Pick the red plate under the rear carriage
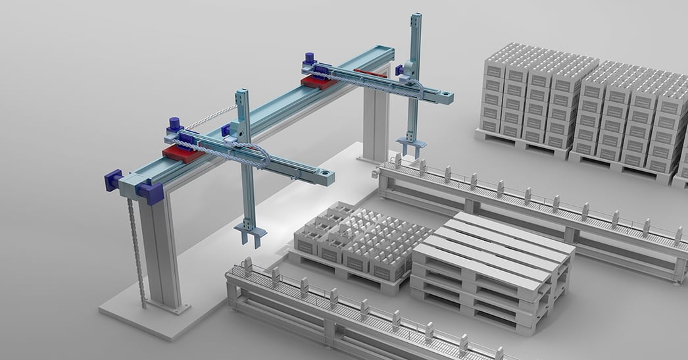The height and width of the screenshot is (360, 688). (x=314, y=80)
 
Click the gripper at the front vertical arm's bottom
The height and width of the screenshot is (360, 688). (x=251, y=231)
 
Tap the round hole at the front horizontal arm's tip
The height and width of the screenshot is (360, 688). (x=324, y=175)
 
